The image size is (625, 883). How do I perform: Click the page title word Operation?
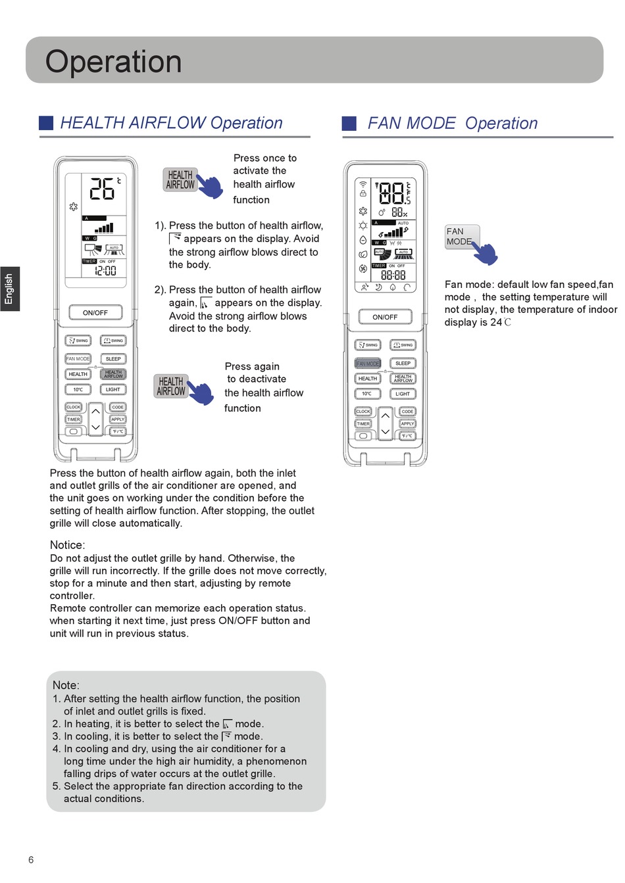[x=113, y=62]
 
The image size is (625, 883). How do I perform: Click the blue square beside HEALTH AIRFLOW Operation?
[x=46, y=123]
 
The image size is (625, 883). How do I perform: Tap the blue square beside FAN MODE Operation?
[x=349, y=124]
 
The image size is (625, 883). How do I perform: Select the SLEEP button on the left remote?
[x=113, y=359]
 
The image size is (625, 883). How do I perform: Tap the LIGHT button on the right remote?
[x=403, y=394]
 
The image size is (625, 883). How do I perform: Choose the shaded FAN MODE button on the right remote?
[x=368, y=364]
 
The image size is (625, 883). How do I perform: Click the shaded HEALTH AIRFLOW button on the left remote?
[x=113, y=374]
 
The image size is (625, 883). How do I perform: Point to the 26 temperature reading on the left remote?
[x=103, y=189]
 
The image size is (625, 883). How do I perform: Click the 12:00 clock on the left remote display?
[x=105, y=270]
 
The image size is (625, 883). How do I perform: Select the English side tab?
[x=9, y=289]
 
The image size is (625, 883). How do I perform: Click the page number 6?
[x=31, y=860]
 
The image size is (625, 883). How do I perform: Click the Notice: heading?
[x=67, y=545]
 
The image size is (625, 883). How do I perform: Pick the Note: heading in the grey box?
[x=66, y=685]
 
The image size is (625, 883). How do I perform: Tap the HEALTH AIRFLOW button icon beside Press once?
[x=180, y=179]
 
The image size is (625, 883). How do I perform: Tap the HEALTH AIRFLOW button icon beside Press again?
[x=171, y=386]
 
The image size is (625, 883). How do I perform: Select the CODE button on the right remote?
[x=407, y=412]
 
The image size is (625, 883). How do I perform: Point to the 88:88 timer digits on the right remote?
[x=393, y=275]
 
